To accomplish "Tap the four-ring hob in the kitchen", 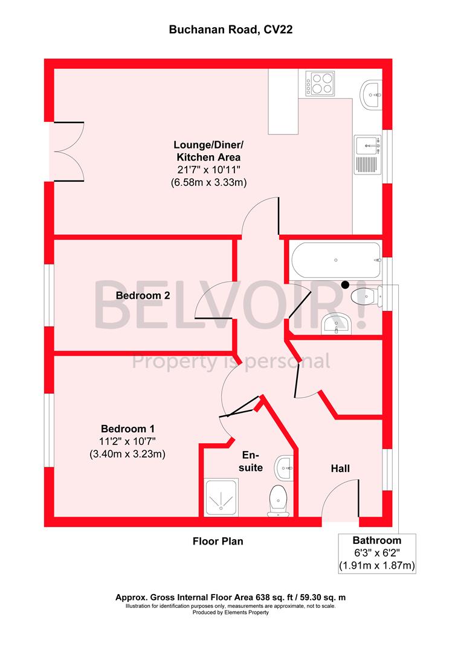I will (320, 83).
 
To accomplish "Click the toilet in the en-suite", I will (279, 502).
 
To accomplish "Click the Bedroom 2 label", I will (143, 296).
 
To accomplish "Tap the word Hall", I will (340, 468).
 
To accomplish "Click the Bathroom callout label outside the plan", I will (377, 540).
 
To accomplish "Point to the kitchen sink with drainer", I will (367, 153).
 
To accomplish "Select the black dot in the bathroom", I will (345, 285).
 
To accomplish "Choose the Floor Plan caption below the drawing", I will (218, 541).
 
